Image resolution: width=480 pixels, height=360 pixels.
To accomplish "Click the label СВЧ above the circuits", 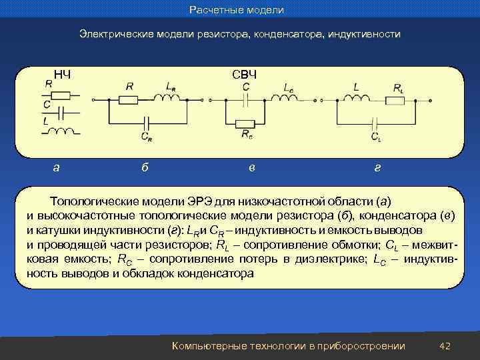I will click(245, 73).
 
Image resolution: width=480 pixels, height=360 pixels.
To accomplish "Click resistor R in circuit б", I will click(128, 100).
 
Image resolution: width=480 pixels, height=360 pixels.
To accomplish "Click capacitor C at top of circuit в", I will click(247, 100).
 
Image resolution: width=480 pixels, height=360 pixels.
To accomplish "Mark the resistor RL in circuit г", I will click(396, 101).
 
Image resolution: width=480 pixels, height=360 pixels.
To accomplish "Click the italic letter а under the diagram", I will click(56, 168).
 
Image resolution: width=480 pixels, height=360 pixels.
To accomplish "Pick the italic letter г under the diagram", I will click(377, 168).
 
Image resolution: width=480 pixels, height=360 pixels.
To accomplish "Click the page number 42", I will click(446, 346).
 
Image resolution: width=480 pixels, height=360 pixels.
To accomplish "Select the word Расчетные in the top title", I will click(213, 10).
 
